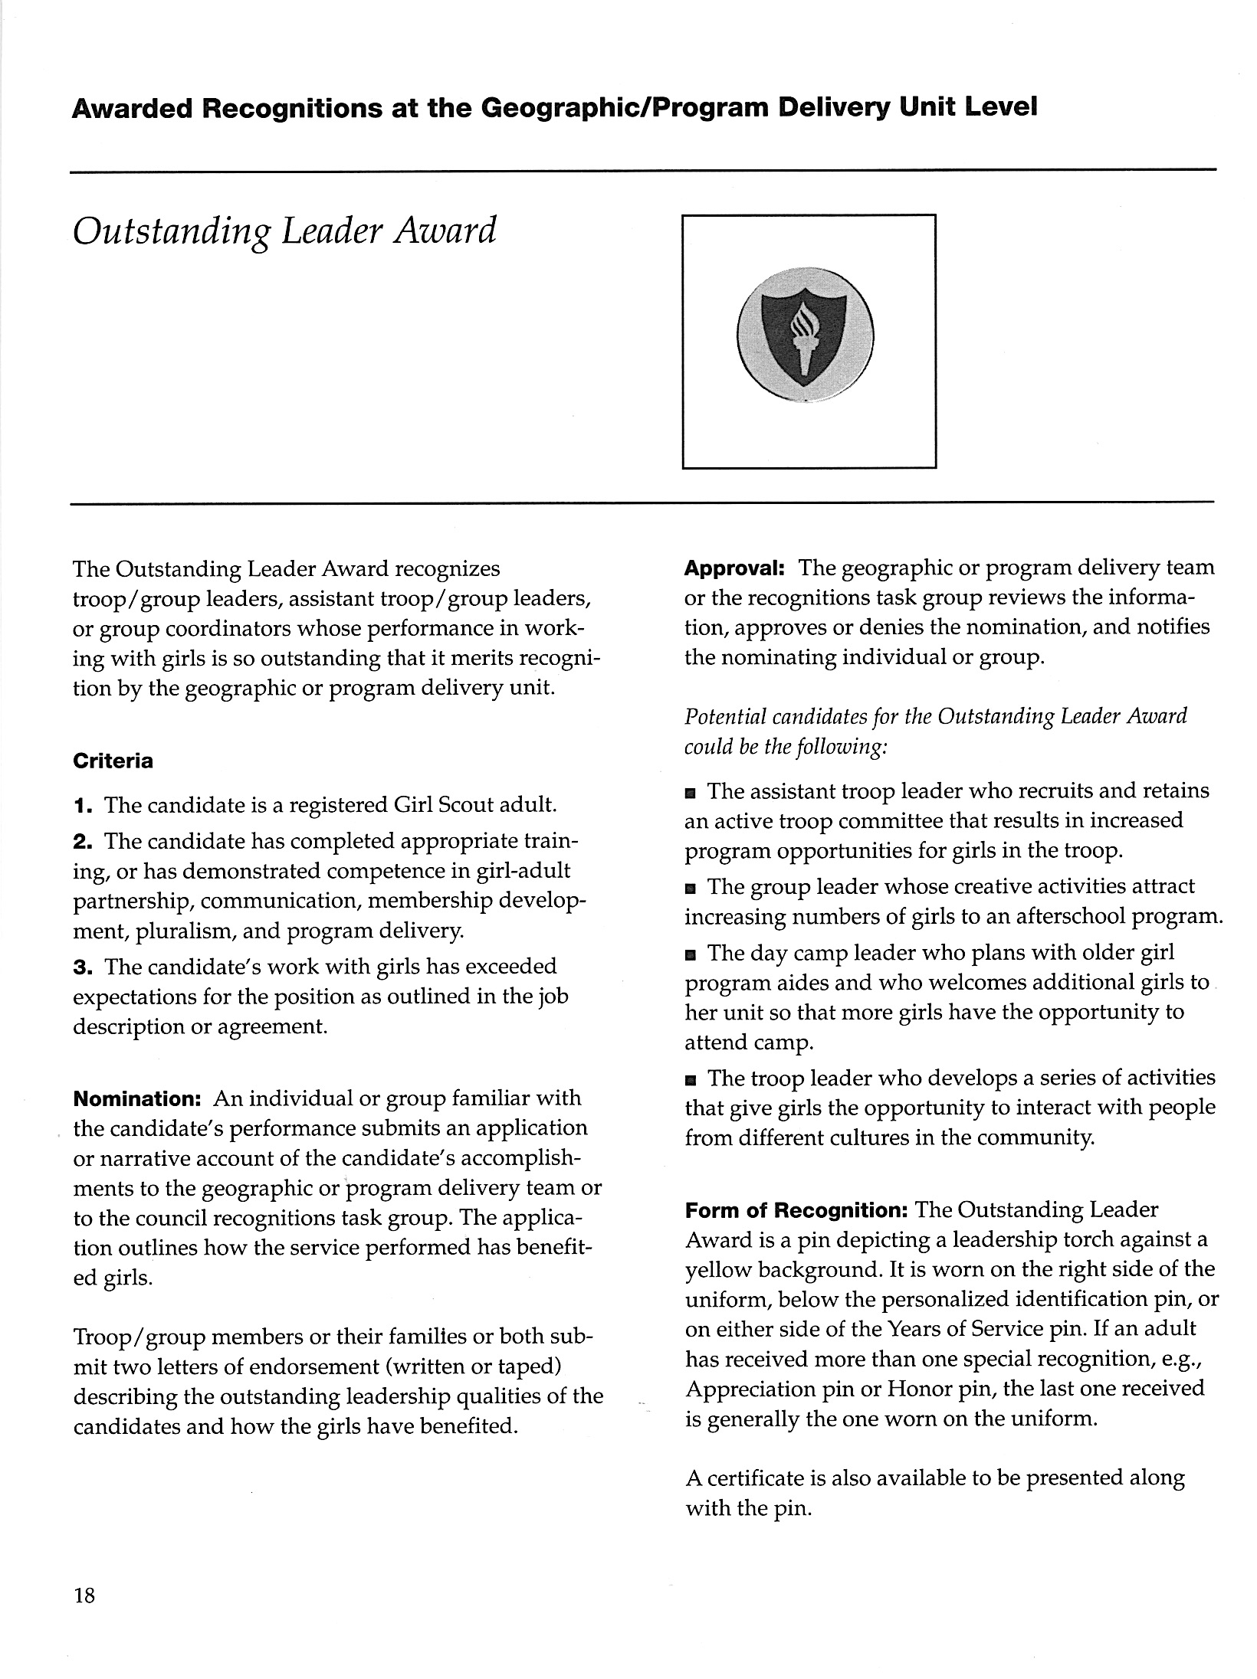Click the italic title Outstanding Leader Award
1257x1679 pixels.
coord(284,231)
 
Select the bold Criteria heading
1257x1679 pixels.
coord(113,761)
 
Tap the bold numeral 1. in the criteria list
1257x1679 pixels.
coord(84,806)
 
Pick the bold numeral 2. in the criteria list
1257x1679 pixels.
coord(84,842)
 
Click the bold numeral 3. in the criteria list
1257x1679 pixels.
coord(84,967)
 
